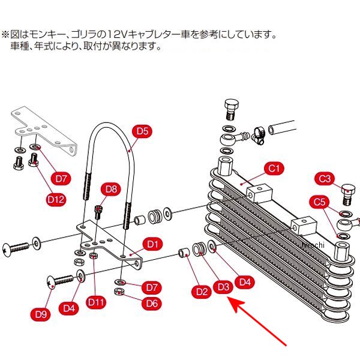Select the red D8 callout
tap(110, 190)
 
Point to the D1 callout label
tap(152, 244)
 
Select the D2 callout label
tap(202, 292)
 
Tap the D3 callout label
tap(223, 287)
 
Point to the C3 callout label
tap(325, 178)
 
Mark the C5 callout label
tap(319, 202)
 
